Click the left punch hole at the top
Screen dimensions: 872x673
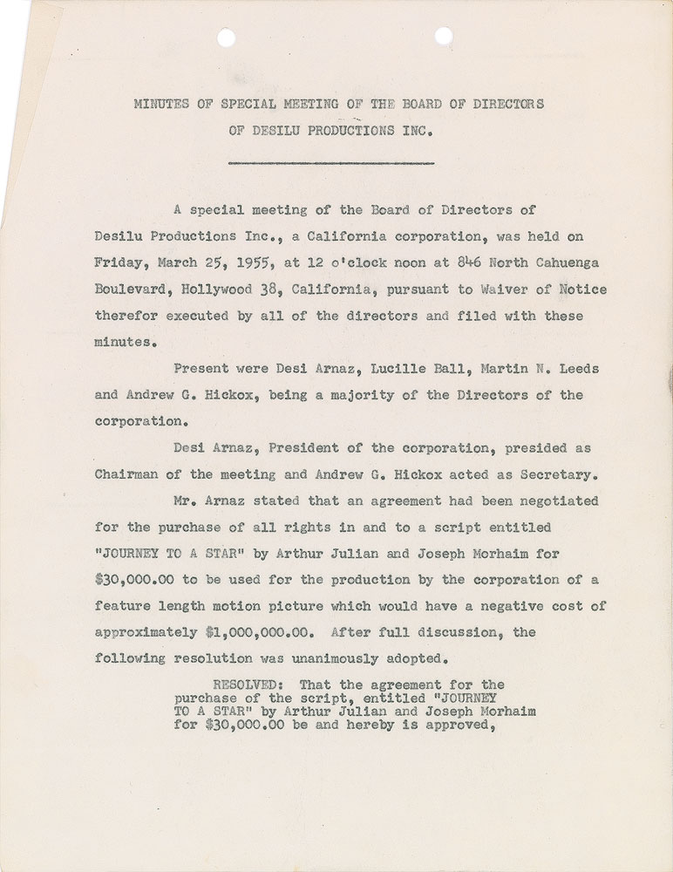[227, 37]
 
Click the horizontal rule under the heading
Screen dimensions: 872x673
[331, 163]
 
